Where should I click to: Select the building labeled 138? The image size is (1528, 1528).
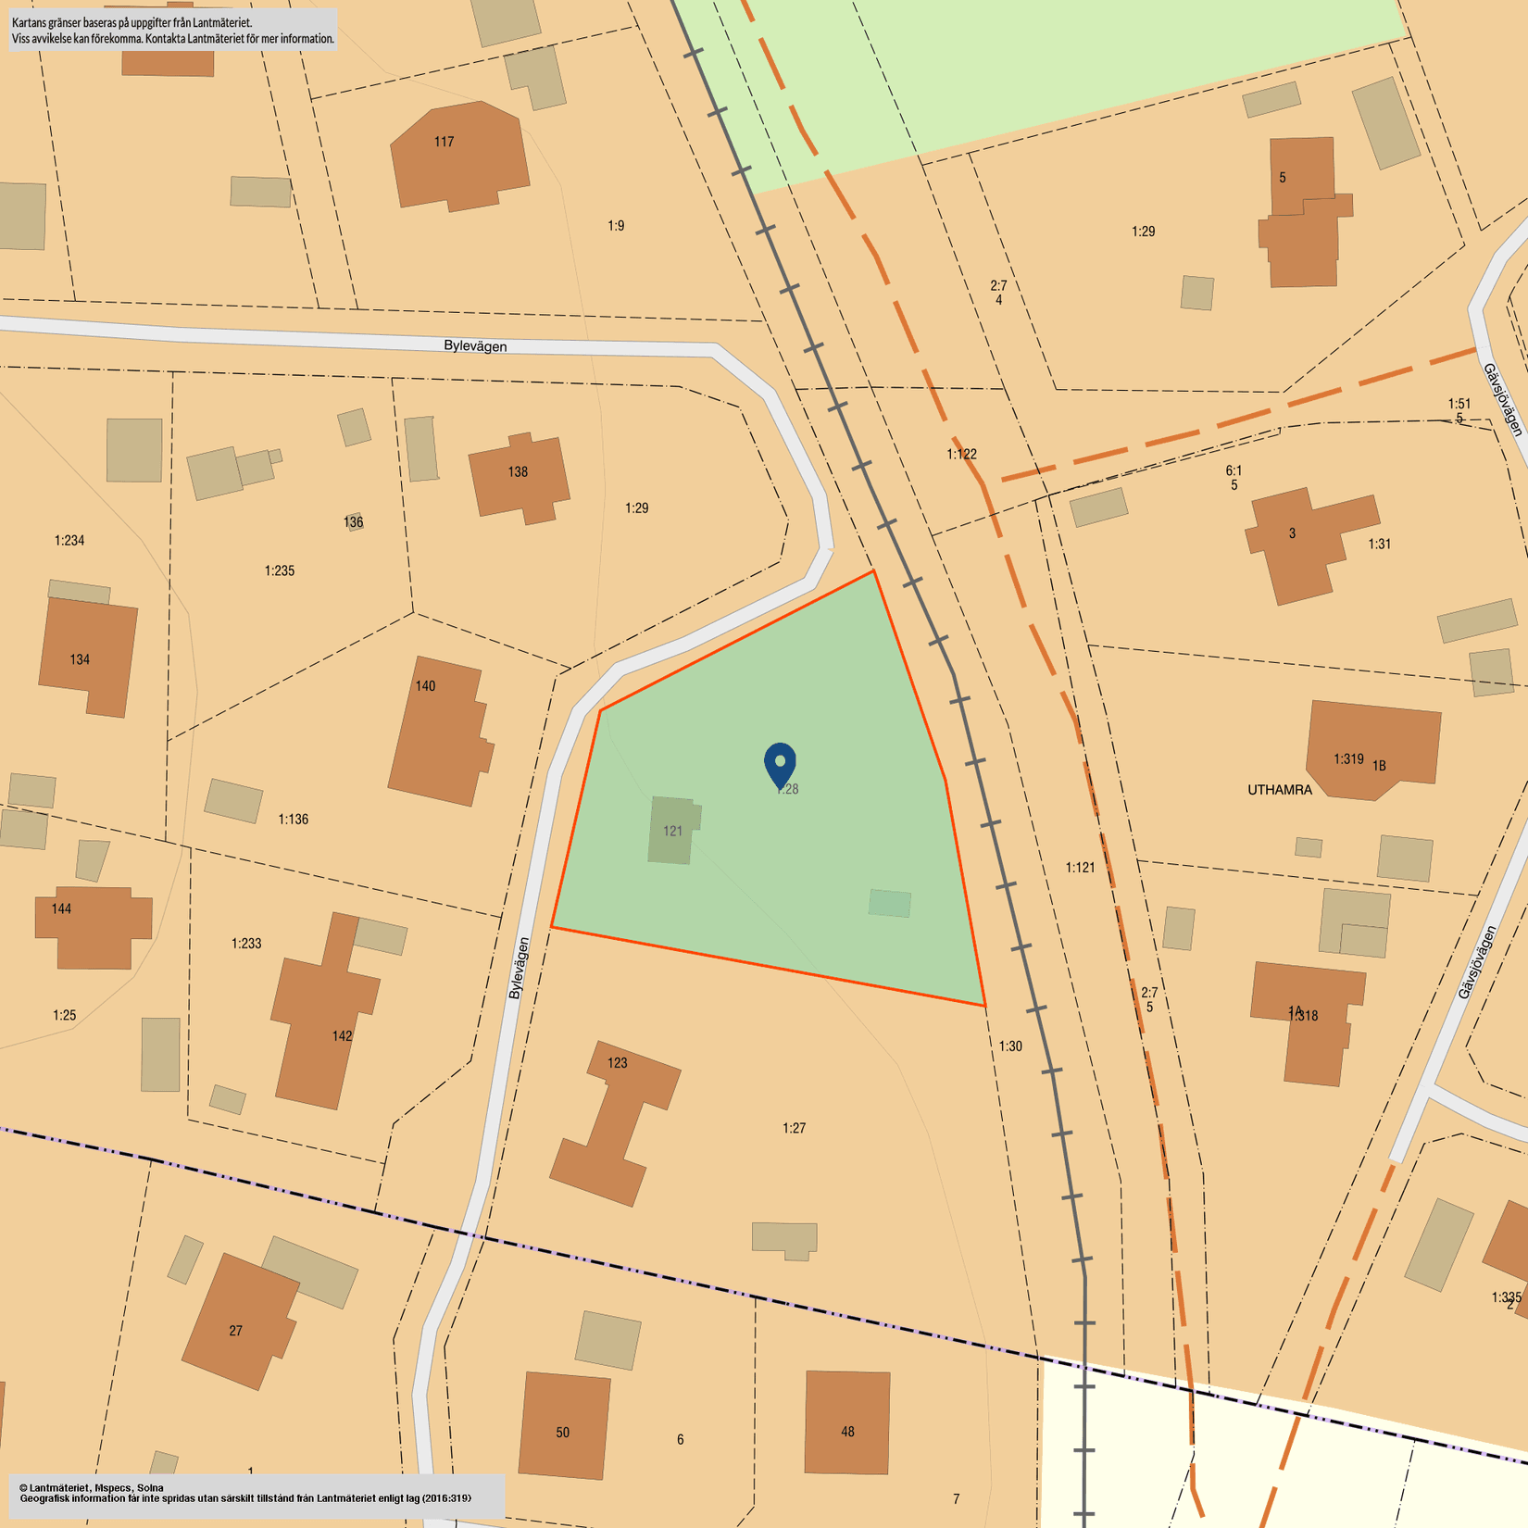519,476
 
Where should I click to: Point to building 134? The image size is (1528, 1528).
87,657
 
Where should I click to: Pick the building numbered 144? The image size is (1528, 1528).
92,927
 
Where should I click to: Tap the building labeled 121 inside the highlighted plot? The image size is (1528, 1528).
673,830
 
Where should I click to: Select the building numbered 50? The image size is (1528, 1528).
564,1425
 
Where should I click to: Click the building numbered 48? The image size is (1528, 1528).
847,1422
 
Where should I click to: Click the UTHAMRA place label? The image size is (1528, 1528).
1279,790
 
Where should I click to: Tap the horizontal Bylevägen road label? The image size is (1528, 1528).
475,346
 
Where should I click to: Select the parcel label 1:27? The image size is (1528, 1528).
794,1128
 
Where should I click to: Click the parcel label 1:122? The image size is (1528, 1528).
961,454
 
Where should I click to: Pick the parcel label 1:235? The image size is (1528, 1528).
279,570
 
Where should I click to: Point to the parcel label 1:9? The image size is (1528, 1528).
616,226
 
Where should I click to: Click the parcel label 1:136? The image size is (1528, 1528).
293,820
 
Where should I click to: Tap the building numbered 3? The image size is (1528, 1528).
1296,542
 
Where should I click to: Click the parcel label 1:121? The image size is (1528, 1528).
1080,868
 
